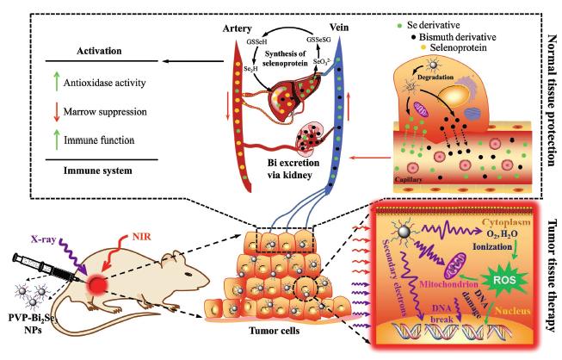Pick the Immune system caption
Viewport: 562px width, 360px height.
coord(97,171)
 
